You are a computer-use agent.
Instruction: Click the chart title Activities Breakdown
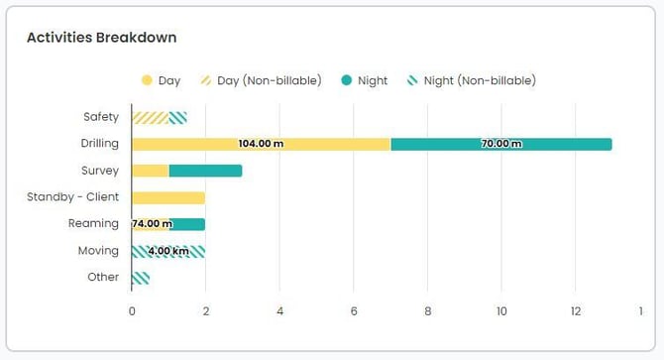coord(102,38)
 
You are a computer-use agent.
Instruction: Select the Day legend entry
coord(162,80)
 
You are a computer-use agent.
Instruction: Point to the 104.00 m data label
coord(261,144)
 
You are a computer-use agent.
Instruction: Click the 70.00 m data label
coord(501,144)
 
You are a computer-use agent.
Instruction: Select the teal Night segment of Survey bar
coord(205,171)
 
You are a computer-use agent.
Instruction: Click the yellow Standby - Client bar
coord(168,197)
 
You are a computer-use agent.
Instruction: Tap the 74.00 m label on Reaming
coord(152,224)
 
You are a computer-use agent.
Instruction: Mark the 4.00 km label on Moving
coord(168,251)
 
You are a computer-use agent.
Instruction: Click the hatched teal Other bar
coord(141,278)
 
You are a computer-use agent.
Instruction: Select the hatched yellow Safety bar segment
coord(150,118)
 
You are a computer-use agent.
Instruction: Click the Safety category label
coord(101,117)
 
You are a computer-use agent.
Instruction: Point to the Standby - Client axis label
coord(73,197)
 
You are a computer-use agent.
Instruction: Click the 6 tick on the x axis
coord(354,310)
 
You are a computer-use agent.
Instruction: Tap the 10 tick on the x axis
coord(501,310)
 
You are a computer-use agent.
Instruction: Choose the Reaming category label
coord(94,224)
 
